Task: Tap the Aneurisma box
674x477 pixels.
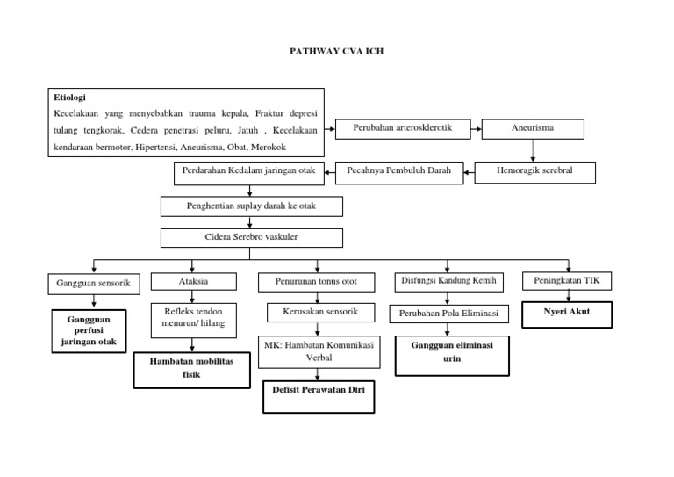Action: click(x=533, y=128)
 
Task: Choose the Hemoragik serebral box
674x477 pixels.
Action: click(x=535, y=170)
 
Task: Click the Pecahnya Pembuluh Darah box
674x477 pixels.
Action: click(x=399, y=170)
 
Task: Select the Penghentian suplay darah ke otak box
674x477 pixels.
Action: click(x=251, y=206)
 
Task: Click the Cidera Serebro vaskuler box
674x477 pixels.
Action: click(x=251, y=238)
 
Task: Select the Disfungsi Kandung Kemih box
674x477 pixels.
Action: click(x=448, y=281)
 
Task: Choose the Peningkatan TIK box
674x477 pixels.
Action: click(x=567, y=281)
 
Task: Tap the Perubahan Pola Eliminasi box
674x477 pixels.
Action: click(x=448, y=314)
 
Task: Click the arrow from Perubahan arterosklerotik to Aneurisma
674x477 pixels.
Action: click(x=477, y=128)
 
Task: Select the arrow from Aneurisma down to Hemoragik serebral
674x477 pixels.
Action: click(x=533, y=150)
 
